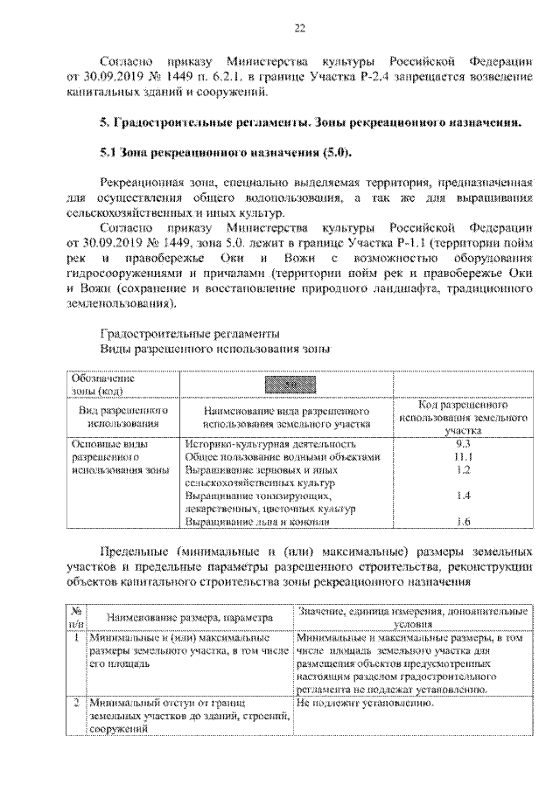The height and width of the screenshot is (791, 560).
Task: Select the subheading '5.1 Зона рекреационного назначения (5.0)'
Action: [x=225, y=154]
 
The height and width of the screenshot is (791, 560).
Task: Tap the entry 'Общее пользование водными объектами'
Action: [x=283, y=456]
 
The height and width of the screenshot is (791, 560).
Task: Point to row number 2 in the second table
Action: [x=77, y=702]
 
